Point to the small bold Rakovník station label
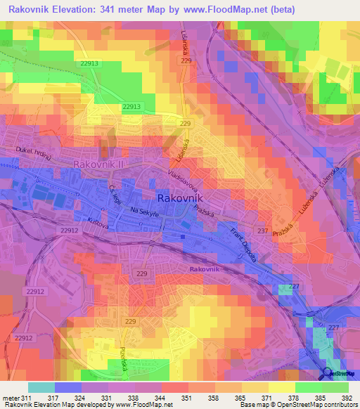205,269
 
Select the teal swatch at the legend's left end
41,387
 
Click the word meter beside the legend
10,398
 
